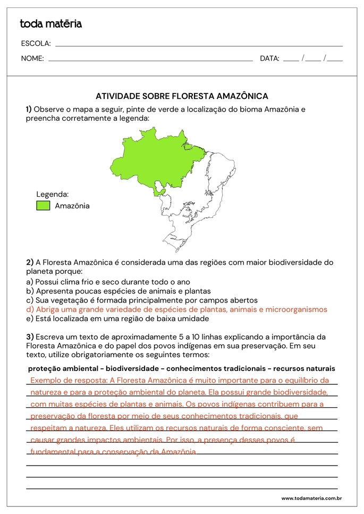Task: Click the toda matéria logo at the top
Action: [50, 24]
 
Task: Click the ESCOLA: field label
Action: [36, 44]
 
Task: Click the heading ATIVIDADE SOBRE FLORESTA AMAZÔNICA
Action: [182, 96]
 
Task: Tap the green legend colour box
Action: [43, 206]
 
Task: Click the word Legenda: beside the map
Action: [52, 195]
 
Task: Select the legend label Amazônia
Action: [72, 206]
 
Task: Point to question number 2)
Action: [30, 262]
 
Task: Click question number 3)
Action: [30, 336]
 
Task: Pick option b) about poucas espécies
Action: [118, 291]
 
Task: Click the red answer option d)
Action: [176, 309]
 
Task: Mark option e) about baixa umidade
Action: [117, 318]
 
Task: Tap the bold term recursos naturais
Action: [304, 368]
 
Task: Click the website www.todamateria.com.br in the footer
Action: [311, 499]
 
